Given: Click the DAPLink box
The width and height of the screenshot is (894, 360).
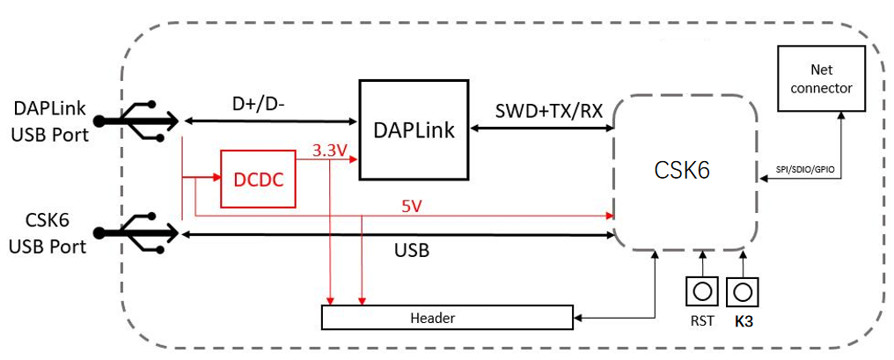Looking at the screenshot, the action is point(414,129).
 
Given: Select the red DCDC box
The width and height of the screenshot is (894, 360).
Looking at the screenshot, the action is point(259,180).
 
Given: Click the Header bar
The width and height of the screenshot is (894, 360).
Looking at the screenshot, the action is point(447,317).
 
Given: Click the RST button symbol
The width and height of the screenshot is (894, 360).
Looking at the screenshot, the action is point(702,292).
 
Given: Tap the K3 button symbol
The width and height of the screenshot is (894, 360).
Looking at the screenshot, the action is point(742,292).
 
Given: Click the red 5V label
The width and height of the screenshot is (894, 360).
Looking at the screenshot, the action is point(412,206).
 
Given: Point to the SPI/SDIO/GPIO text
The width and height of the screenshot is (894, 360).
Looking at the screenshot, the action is point(801,170).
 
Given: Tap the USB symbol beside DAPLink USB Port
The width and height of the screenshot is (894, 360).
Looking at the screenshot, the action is point(137,121).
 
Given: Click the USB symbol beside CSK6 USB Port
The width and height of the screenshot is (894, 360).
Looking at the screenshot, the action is point(137,232).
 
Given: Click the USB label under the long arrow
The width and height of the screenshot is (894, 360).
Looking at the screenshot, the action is point(412,251).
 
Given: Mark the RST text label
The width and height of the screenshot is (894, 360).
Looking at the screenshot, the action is point(702,321).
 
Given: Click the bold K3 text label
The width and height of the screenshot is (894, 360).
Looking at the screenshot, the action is point(744,321).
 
